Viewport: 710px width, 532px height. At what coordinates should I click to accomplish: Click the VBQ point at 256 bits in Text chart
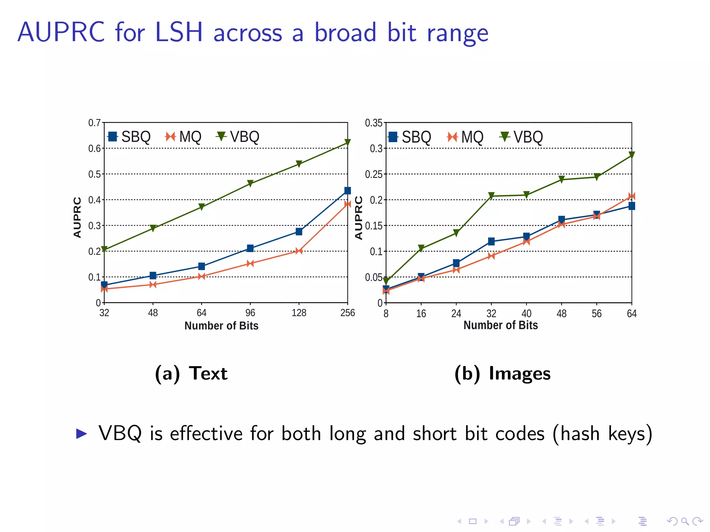point(347,142)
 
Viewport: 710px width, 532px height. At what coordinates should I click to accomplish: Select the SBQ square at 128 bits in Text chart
point(299,231)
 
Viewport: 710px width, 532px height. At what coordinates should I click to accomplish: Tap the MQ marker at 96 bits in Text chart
point(250,264)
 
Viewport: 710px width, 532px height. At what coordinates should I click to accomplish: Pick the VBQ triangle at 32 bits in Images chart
point(491,196)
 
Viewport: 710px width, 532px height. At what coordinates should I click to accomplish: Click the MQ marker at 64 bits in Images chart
point(632,196)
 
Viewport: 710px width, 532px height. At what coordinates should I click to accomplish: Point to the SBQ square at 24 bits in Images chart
point(456,263)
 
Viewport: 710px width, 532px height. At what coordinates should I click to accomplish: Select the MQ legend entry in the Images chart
point(465,137)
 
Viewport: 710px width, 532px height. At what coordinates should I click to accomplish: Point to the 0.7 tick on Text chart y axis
point(94,123)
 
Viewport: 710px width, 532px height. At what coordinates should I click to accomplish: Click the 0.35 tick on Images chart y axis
point(373,123)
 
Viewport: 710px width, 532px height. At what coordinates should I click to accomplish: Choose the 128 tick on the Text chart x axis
point(299,313)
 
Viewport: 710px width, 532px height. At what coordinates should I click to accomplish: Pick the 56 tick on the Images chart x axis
point(597,314)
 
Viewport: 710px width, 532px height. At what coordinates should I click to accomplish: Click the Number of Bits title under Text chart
point(221,326)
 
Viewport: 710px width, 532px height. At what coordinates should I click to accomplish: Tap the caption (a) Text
point(191,373)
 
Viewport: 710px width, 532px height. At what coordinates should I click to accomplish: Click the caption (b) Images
point(502,373)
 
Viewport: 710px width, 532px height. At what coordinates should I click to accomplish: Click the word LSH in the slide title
point(179,33)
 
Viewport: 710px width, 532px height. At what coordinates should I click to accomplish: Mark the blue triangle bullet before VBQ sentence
point(81,433)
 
